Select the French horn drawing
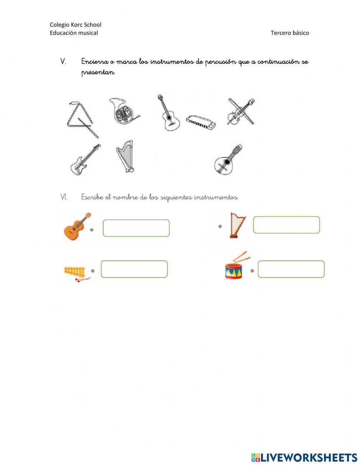pos(123,112)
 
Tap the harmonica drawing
pos(201,122)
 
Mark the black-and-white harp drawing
pos(125,156)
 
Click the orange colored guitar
pos(77,227)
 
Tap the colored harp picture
pos(238,225)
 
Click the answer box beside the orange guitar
pos(136,228)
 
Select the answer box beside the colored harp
pos(286,225)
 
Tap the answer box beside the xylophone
pos(134,269)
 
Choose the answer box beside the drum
pos(291,269)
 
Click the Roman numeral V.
pos(63,62)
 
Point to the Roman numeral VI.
pos(64,197)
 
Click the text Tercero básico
pos(289,33)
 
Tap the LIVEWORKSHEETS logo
pos(304,457)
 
